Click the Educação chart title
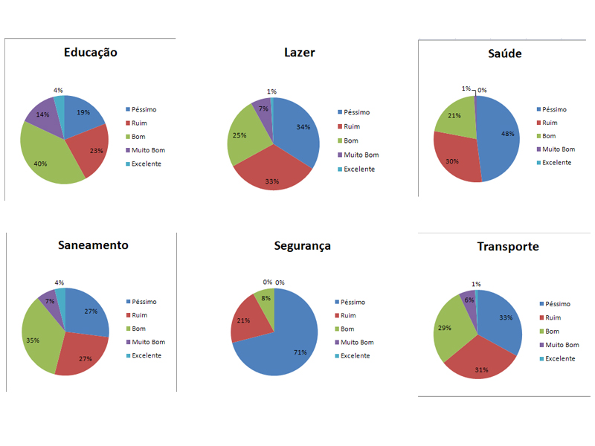(x=90, y=52)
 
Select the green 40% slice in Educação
(x=45, y=159)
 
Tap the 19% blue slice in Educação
(x=82, y=114)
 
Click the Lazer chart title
(x=300, y=52)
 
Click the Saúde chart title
(x=505, y=54)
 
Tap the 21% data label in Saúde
(x=454, y=116)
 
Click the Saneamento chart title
(x=93, y=245)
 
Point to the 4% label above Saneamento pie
(x=59, y=282)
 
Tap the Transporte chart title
(x=508, y=247)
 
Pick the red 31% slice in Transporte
(x=480, y=361)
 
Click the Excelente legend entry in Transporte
(x=557, y=358)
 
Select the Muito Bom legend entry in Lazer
(x=358, y=155)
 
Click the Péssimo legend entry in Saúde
(x=551, y=109)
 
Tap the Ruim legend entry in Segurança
(x=345, y=315)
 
